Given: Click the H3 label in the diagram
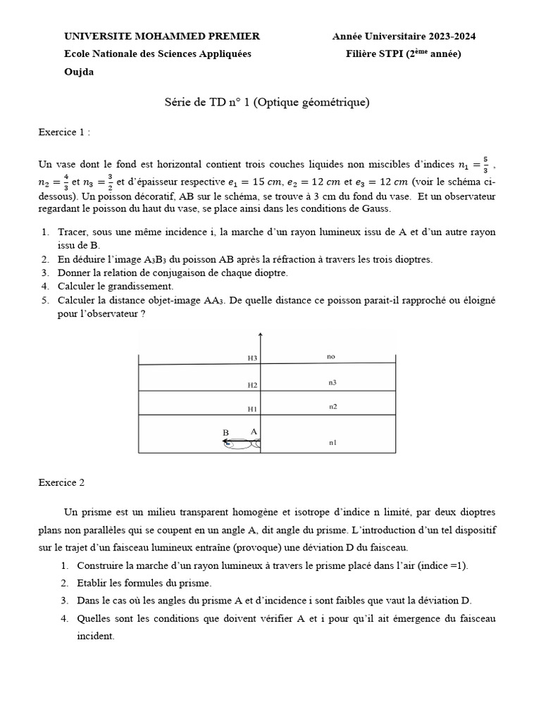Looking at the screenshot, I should pyautogui.click(x=253, y=358).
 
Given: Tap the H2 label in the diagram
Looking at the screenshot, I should pyautogui.click(x=253, y=385).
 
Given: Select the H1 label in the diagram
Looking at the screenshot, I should pyautogui.click(x=253, y=409).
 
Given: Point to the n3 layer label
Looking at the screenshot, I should pyautogui.click(x=332, y=383).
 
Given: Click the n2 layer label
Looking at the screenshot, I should pyautogui.click(x=332, y=407).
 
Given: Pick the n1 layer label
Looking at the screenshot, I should pyautogui.click(x=332, y=443).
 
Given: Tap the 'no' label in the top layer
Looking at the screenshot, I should pyautogui.click(x=331, y=357).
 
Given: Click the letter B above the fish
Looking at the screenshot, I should pyautogui.click(x=226, y=432).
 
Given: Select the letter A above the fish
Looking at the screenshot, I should pyautogui.click(x=253, y=431).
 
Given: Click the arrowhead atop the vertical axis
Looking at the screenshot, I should pyautogui.click(x=261, y=335).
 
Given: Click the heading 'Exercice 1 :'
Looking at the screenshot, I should pyautogui.click(x=64, y=132).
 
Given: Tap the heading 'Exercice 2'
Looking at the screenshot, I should pyautogui.click(x=61, y=482).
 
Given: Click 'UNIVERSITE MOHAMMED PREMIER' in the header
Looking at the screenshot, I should pyautogui.click(x=162, y=37).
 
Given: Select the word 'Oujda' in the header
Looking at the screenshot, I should pyautogui.click(x=78, y=72).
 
